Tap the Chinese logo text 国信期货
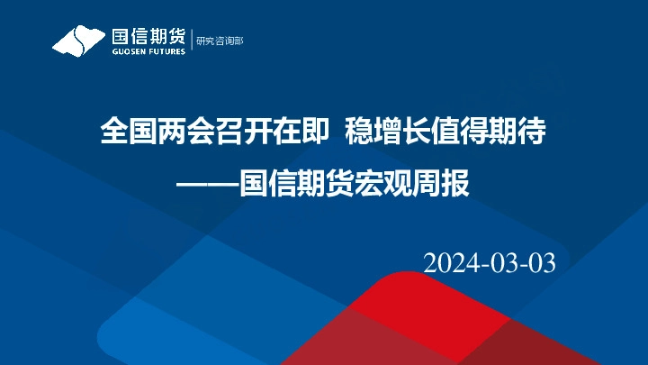[x=148, y=35]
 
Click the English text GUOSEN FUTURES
[x=148, y=50]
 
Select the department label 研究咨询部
[x=220, y=41]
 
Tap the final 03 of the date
[x=542, y=262]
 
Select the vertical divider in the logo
[x=192, y=40]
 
